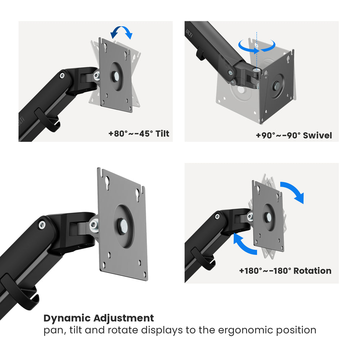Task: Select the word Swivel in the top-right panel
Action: pos(317,135)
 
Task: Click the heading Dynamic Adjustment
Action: pos(99,318)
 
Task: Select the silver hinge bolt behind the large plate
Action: pos(94,225)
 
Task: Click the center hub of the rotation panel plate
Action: pos(268,217)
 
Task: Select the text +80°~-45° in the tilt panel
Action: pos(129,134)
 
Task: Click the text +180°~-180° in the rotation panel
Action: pos(265,271)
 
